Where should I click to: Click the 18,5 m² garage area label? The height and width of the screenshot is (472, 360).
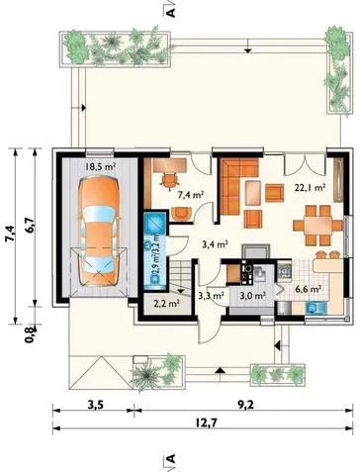pyautogui.click(x=100, y=166)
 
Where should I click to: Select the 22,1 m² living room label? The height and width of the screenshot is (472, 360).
pyautogui.click(x=310, y=188)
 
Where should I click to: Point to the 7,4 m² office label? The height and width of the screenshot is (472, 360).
pyautogui.click(x=190, y=195)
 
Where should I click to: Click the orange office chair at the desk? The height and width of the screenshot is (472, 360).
pyautogui.click(x=170, y=180)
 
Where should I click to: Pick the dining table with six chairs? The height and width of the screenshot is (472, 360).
pyautogui.click(x=317, y=226)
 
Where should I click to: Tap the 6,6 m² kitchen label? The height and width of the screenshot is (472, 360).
pyautogui.click(x=309, y=290)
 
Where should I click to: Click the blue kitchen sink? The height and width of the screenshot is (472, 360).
pyautogui.click(x=315, y=309)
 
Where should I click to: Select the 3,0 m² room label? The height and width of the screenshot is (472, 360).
pyautogui.click(x=252, y=296)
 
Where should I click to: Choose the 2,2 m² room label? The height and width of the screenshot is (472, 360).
pyautogui.click(x=166, y=303)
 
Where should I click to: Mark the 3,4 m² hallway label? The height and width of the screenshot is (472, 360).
pyautogui.click(x=216, y=244)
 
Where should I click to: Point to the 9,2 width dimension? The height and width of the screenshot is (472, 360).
pyautogui.click(x=246, y=405)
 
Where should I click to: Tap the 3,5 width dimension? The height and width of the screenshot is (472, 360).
pyautogui.click(x=96, y=405)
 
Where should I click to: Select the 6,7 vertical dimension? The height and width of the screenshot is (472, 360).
pyautogui.click(x=30, y=226)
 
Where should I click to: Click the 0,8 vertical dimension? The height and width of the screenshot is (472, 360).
pyautogui.click(x=30, y=333)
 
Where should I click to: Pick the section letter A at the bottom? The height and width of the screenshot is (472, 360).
pyautogui.click(x=170, y=459)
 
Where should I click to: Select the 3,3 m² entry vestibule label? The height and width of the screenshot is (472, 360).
pyautogui.click(x=212, y=296)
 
